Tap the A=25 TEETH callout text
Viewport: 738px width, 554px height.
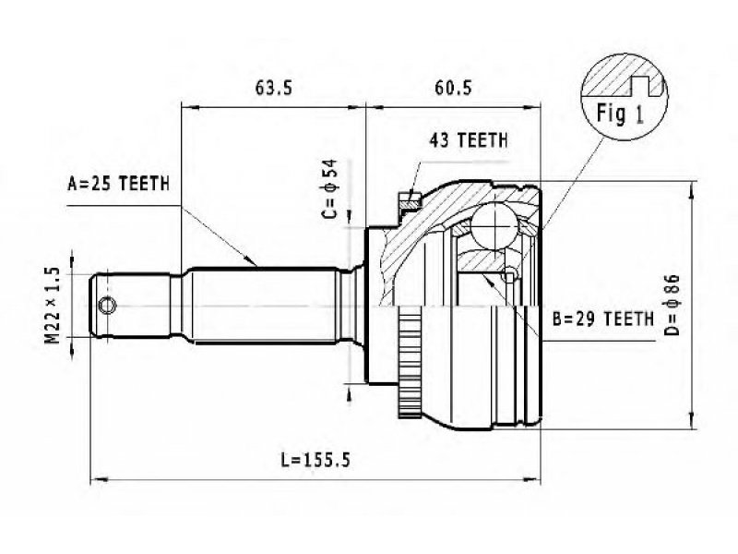pyautogui.click(x=119, y=184)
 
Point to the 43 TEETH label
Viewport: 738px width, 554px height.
pyautogui.click(x=468, y=141)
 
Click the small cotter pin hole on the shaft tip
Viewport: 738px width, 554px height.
pyautogui.click(x=109, y=306)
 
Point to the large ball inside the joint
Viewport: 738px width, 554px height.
pyautogui.click(x=495, y=224)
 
